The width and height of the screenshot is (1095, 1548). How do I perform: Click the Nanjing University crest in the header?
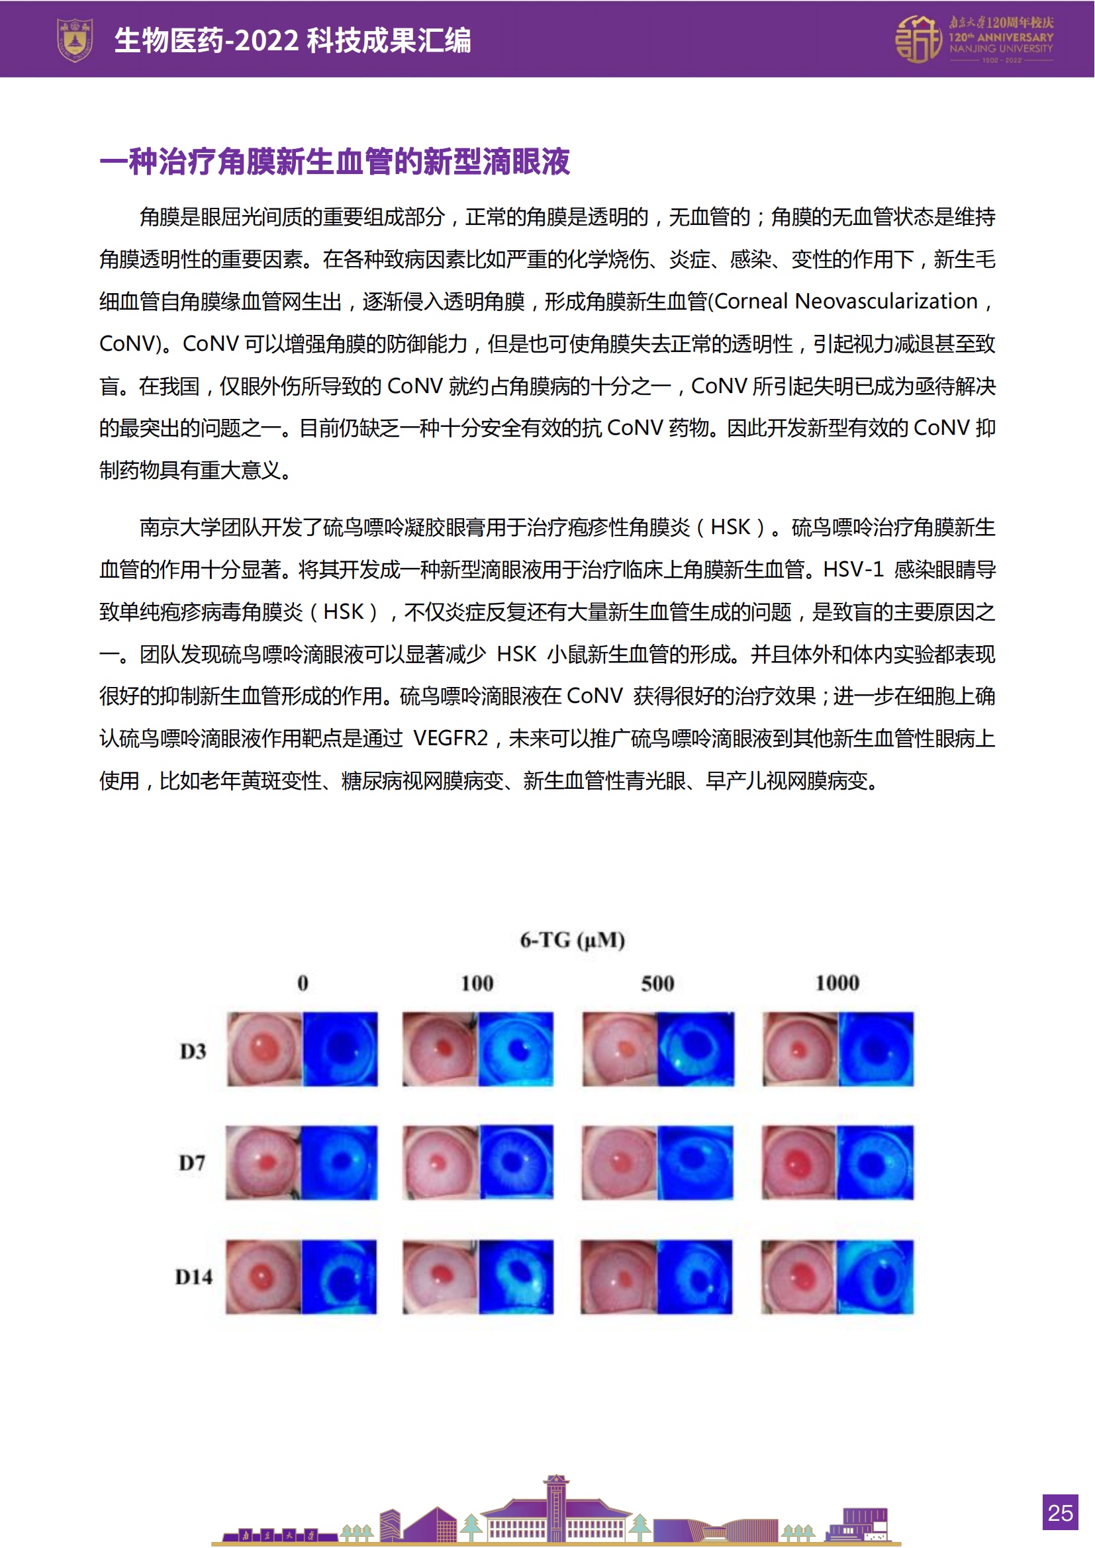(74, 40)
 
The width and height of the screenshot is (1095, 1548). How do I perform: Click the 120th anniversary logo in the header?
(973, 40)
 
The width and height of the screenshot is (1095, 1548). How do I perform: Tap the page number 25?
(1059, 1512)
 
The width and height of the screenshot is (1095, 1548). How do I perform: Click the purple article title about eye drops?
(334, 161)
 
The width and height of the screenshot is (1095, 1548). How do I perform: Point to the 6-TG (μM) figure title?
(572, 940)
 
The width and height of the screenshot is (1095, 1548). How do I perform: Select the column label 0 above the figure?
(303, 983)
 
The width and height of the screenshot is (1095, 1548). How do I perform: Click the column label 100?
(477, 983)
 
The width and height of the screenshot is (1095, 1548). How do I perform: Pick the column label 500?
(657, 983)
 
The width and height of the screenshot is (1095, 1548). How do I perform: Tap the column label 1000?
(837, 983)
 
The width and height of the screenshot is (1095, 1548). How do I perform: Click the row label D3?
(193, 1051)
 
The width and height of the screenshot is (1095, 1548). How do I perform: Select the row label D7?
(192, 1162)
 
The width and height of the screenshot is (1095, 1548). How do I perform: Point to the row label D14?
(193, 1277)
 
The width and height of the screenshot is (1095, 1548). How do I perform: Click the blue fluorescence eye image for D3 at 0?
(340, 1048)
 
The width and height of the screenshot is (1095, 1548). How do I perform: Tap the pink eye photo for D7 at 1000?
(799, 1162)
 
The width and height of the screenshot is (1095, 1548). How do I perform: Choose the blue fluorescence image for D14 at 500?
(694, 1276)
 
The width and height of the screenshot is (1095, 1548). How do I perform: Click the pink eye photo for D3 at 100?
(440, 1048)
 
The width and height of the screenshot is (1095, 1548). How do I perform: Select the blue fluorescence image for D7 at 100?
(516, 1161)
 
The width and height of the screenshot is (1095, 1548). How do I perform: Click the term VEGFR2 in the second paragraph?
(450, 739)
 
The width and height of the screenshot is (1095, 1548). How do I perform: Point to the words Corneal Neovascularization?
(845, 301)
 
